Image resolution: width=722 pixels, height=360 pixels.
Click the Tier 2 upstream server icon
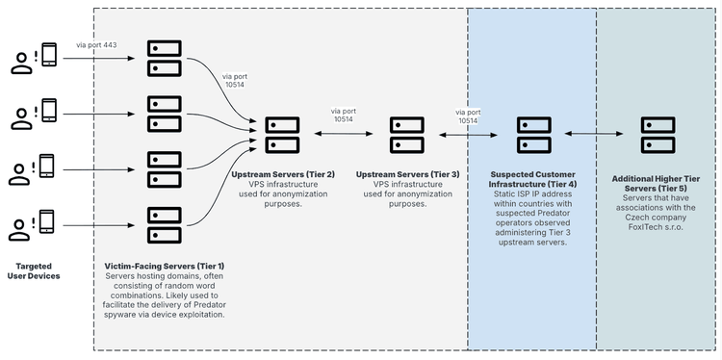283,136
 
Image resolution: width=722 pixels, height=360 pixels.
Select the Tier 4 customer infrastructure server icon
532,136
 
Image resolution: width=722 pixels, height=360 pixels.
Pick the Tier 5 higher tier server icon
658,136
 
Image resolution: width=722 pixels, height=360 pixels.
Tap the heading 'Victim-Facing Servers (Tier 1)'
164,266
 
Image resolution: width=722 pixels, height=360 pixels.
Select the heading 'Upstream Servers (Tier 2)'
283,175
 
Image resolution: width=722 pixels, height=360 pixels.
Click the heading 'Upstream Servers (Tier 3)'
407,175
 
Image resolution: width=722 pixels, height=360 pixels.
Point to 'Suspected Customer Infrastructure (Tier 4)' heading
532,179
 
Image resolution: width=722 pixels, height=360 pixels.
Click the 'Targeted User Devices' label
38,270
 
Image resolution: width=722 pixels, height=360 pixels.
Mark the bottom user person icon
18,229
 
